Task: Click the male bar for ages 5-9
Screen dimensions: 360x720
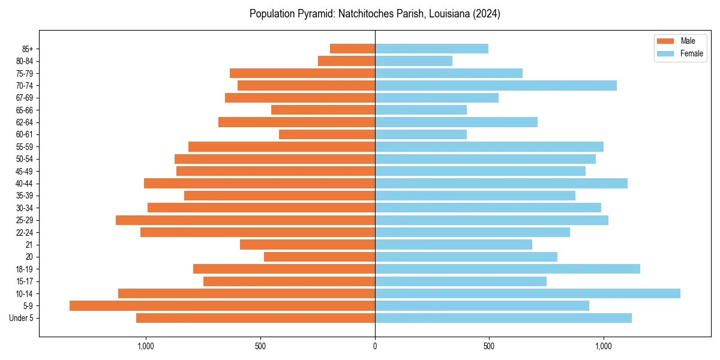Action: click(x=222, y=306)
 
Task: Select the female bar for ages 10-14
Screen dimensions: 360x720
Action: click(x=527, y=293)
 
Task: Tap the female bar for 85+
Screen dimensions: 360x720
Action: click(x=431, y=49)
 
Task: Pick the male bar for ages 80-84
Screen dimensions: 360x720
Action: click(x=346, y=61)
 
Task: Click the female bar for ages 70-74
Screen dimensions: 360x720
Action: click(x=496, y=86)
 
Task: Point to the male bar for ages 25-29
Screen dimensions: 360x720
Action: click(x=245, y=220)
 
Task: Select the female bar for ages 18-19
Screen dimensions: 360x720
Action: click(x=507, y=269)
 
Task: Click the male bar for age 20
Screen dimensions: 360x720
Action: click(x=319, y=257)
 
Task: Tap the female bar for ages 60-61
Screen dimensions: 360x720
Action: click(x=421, y=134)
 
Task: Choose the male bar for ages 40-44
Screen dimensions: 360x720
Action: click(x=259, y=184)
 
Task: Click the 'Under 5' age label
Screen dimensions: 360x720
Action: click(x=21, y=318)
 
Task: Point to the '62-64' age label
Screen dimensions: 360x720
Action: click(x=25, y=122)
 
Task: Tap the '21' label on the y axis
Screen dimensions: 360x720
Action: click(x=29, y=245)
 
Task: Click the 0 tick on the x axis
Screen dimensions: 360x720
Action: click(x=375, y=346)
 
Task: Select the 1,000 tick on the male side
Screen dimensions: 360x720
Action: click(x=146, y=346)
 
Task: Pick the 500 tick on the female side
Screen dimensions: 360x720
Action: click(x=489, y=346)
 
